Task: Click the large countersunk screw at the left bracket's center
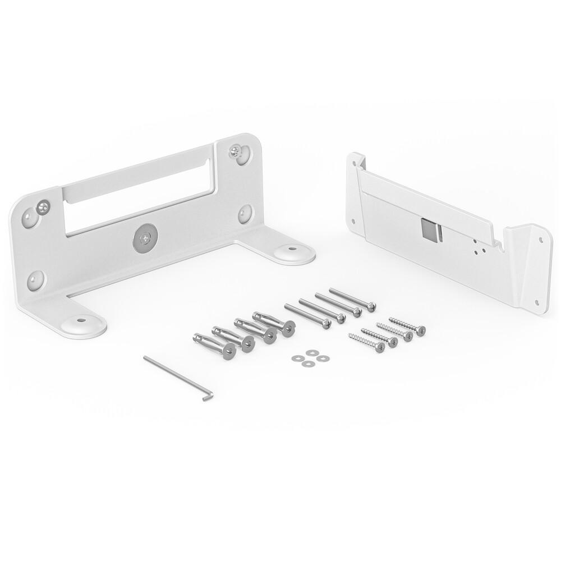(145, 238)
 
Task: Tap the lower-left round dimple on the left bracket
(35, 279)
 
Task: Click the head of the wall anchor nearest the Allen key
(229, 352)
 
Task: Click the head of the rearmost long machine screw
(370, 306)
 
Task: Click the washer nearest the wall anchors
(296, 357)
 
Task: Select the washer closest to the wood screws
(321, 358)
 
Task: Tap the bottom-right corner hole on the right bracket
(537, 303)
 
